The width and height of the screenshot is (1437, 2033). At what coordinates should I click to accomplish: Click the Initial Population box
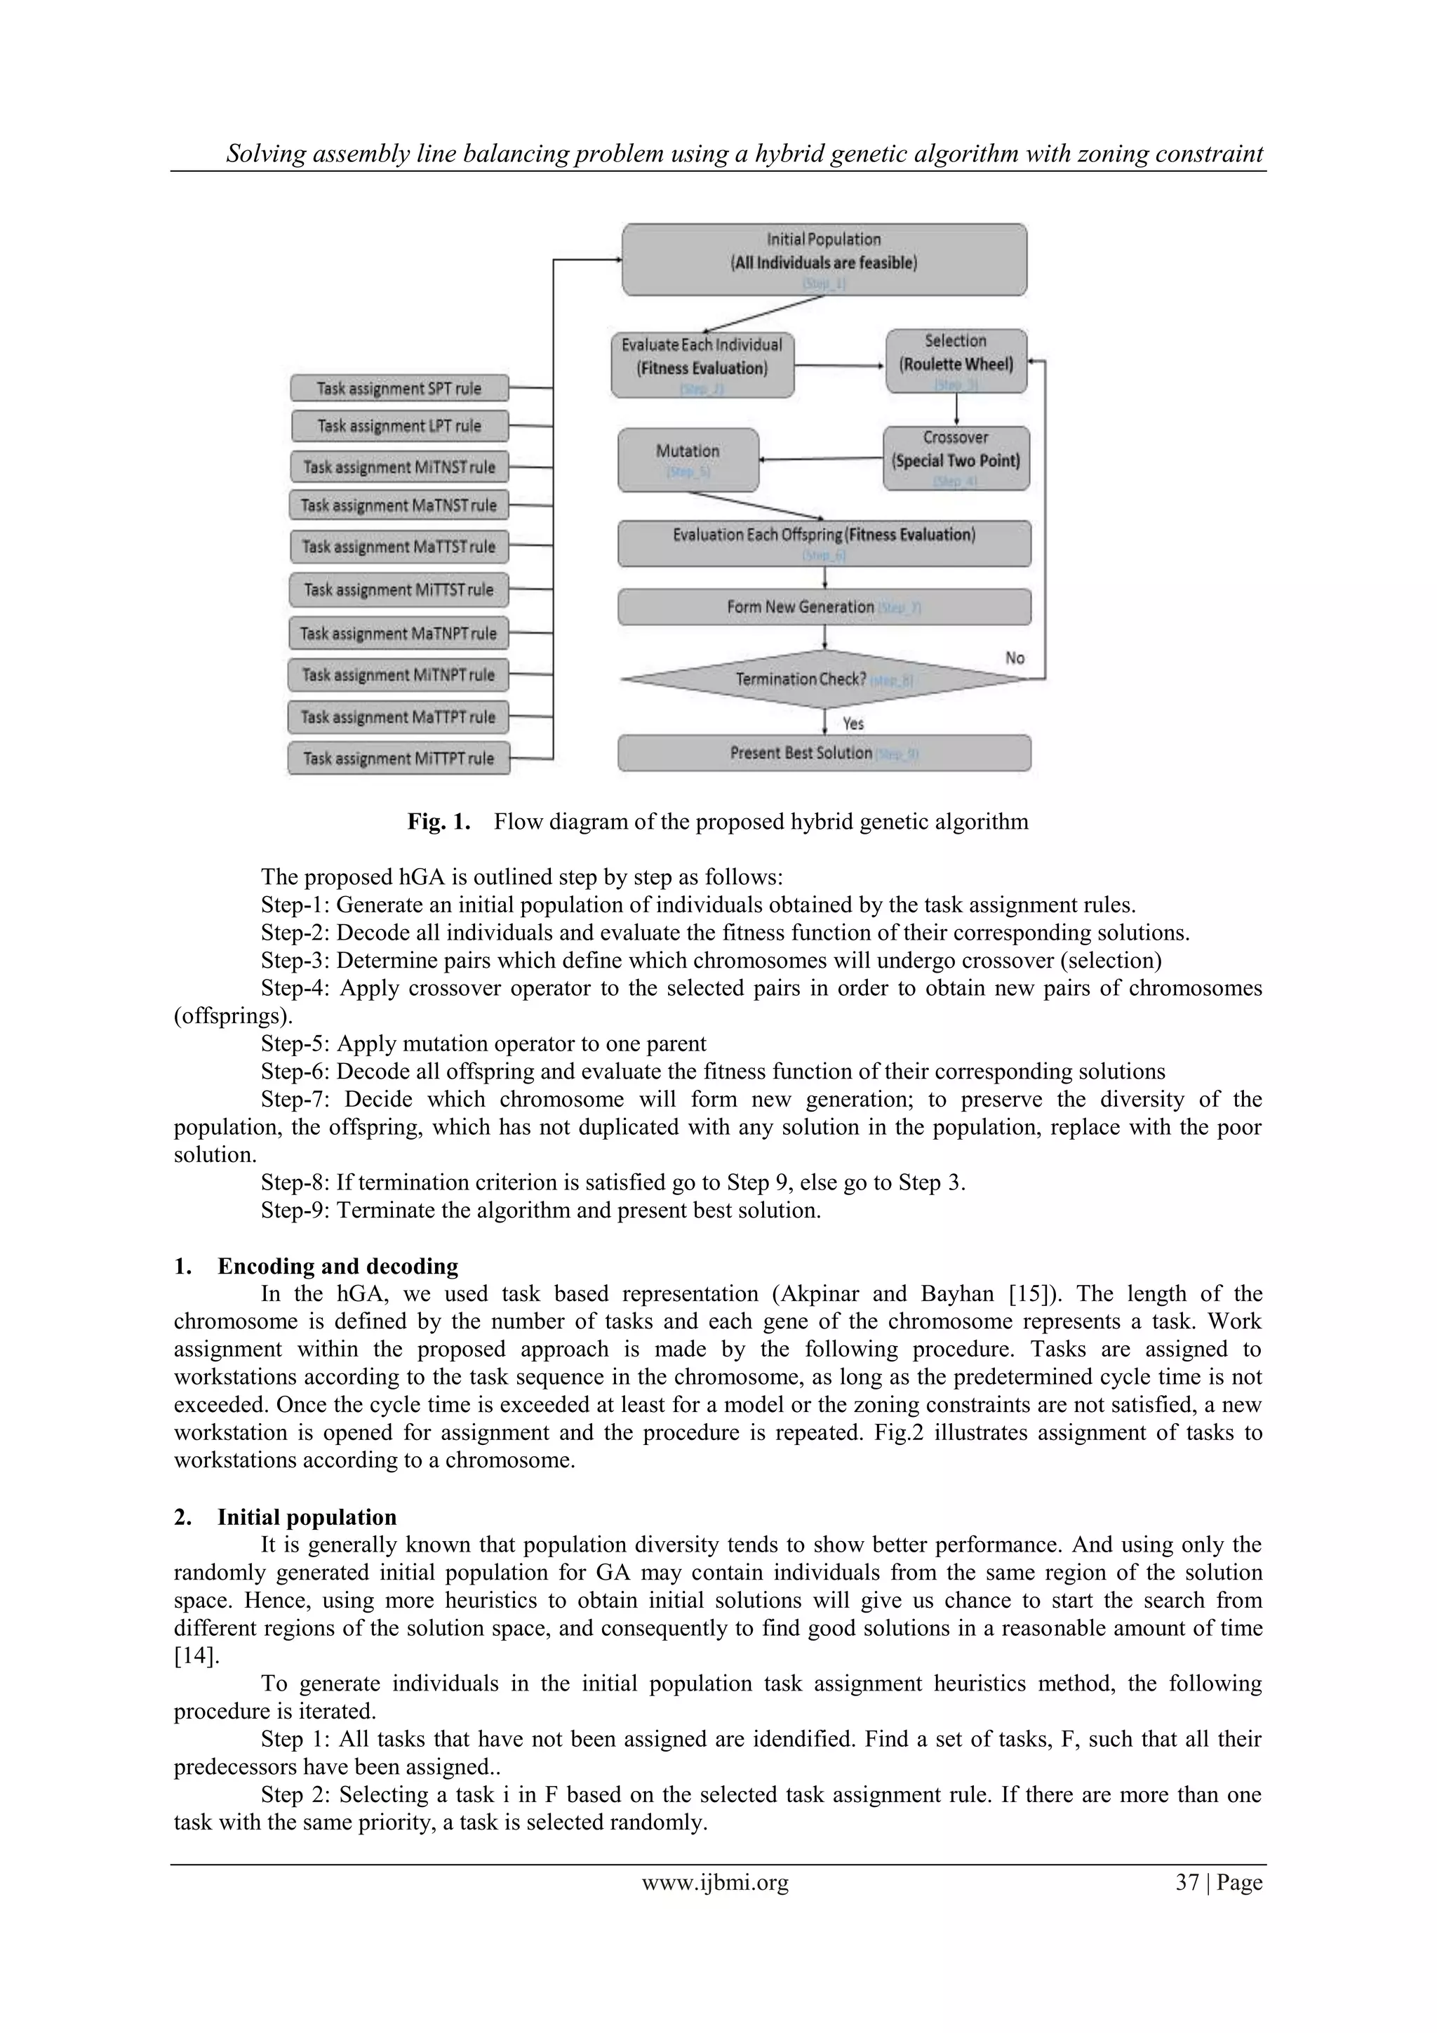point(824,258)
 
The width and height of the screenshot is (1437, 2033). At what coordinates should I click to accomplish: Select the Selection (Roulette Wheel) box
point(956,361)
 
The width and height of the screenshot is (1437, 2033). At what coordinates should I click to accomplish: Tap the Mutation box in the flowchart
point(688,460)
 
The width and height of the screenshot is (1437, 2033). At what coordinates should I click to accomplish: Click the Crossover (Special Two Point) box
point(956,458)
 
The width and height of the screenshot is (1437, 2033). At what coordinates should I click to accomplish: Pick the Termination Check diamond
point(824,679)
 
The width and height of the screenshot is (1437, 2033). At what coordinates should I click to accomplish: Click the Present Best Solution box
point(824,752)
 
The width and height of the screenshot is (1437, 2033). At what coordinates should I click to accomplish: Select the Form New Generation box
point(824,606)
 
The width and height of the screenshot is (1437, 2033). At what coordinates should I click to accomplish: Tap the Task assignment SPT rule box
point(399,388)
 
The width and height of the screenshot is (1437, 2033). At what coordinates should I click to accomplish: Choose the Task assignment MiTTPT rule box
point(399,758)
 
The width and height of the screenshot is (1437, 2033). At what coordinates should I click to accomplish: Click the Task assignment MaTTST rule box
point(399,547)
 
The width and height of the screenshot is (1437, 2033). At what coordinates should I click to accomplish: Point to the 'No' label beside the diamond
point(1015,658)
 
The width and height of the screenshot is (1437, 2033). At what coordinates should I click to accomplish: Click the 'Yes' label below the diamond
point(853,724)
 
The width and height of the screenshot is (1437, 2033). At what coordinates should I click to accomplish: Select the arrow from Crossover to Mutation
point(821,459)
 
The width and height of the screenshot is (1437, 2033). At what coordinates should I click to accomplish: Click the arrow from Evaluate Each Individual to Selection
point(839,365)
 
